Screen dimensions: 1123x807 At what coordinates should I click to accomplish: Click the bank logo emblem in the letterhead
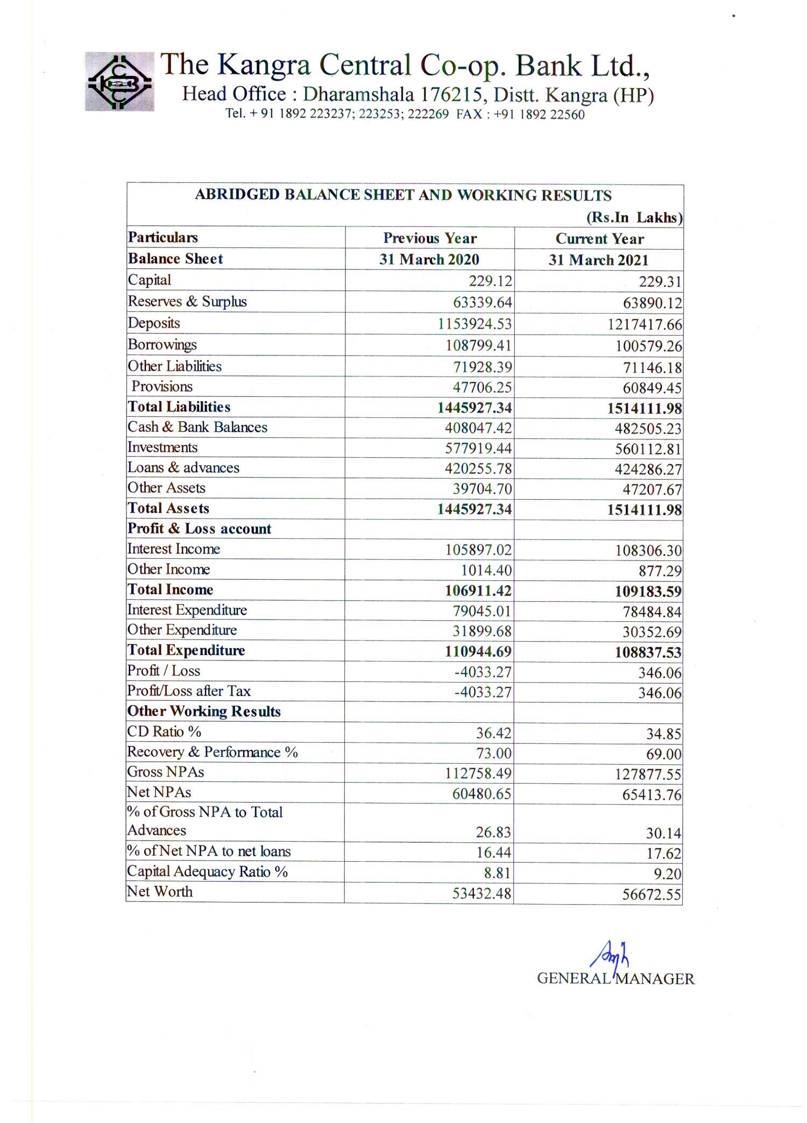(119, 82)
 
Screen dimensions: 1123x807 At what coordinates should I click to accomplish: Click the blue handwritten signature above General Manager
(610, 956)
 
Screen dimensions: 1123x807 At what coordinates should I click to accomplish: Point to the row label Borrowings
(162, 345)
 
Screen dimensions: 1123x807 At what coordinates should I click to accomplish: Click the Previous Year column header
(430, 238)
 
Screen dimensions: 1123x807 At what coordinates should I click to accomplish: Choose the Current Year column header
(599, 239)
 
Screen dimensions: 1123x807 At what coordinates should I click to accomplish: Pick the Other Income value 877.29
(660, 571)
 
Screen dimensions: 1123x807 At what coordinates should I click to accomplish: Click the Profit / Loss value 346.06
(660, 673)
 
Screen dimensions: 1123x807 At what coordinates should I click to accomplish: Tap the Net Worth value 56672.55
(652, 895)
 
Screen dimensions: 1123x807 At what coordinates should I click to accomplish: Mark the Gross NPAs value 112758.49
(478, 774)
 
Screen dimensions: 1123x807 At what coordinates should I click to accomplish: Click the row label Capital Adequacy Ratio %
(208, 872)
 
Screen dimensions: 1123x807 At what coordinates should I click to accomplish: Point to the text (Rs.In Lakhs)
(634, 218)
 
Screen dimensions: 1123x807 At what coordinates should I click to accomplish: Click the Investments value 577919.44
(478, 449)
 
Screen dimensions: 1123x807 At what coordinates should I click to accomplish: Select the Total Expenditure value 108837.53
(648, 653)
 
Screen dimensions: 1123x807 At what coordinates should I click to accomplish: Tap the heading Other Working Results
(204, 712)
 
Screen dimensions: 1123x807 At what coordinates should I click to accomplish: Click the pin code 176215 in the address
(451, 95)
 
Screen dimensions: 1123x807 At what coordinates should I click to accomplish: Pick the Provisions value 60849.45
(652, 388)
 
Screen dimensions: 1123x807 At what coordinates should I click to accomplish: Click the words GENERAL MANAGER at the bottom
(615, 979)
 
